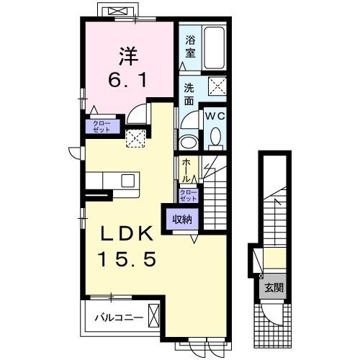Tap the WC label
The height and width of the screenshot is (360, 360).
216,115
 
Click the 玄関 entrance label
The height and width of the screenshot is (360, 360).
273,288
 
